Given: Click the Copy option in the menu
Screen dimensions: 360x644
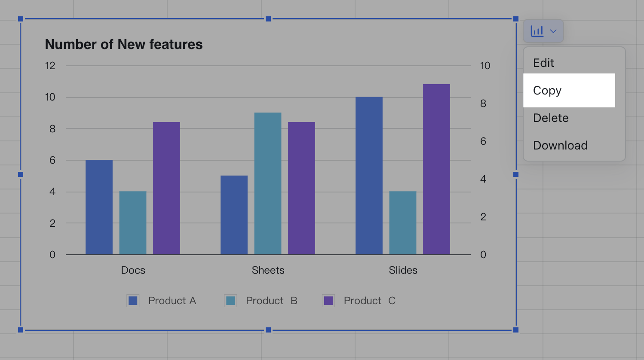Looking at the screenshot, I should [x=547, y=91].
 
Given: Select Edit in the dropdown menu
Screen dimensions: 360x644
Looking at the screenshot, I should [x=543, y=63].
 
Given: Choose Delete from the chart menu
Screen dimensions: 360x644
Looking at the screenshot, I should [x=551, y=118].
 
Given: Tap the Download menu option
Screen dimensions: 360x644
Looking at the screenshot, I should [x=560, y=146].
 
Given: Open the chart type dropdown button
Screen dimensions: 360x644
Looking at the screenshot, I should [x=543, y=31].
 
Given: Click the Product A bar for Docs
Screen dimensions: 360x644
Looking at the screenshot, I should [x=99, y=207].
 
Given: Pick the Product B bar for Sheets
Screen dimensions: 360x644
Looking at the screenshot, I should [x=268, y=183].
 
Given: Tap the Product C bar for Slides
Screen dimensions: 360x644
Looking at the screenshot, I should [x=436, y=169].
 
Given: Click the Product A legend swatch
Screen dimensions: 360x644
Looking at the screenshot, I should [x=133, y=301].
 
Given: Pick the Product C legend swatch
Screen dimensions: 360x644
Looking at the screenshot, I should [x=328, y=301].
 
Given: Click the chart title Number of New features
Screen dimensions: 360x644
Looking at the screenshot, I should [x=124, y=45].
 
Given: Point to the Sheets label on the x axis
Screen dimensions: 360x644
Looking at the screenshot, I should [x=268, y=270].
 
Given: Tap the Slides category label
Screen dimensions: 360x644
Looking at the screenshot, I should [x=403, y=270].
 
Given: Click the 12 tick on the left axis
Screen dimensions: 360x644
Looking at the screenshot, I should [x=50, y=66].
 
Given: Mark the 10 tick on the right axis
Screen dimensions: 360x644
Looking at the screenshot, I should [x=485, y=66].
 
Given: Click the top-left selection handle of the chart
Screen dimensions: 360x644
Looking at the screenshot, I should [x=21, y=19].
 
